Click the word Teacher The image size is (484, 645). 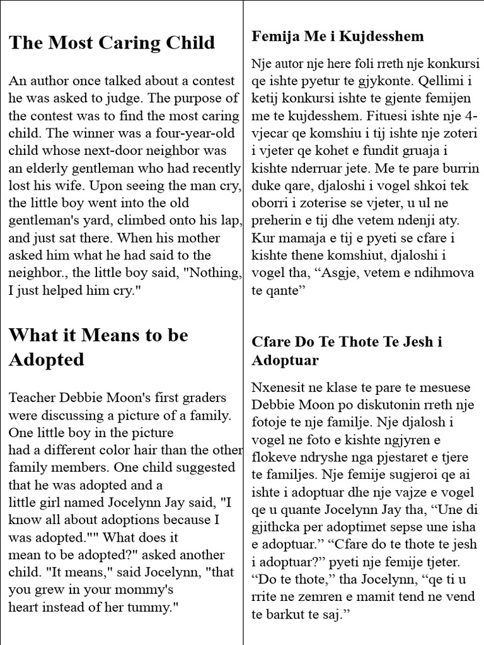31,398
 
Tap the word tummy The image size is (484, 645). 155,608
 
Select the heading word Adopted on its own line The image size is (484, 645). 46,360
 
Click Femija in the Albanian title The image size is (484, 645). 272,37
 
